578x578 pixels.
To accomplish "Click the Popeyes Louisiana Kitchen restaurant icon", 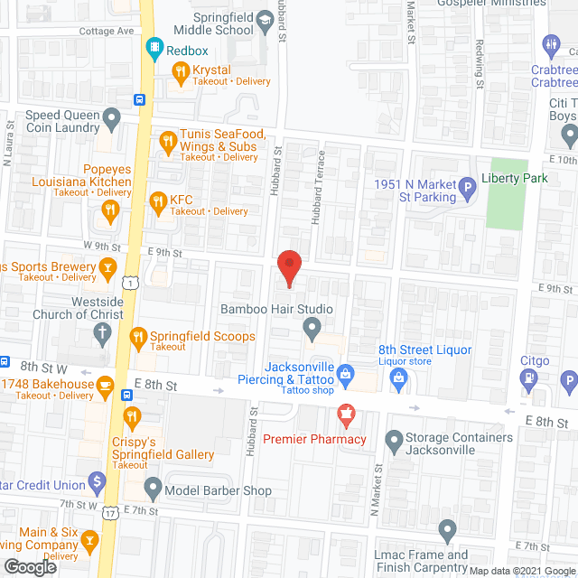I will coord(111,211).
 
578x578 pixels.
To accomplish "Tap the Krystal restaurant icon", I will coord(180,70).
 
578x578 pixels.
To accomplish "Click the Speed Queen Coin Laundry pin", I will coord(111,117).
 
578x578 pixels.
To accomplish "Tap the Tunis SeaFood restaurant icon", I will coord(167,140).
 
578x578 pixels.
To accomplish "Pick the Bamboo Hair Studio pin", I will coord(312,329).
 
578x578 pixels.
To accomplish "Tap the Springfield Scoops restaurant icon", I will coord(138,338).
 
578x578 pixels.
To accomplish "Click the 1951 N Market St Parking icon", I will coord(468,190).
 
